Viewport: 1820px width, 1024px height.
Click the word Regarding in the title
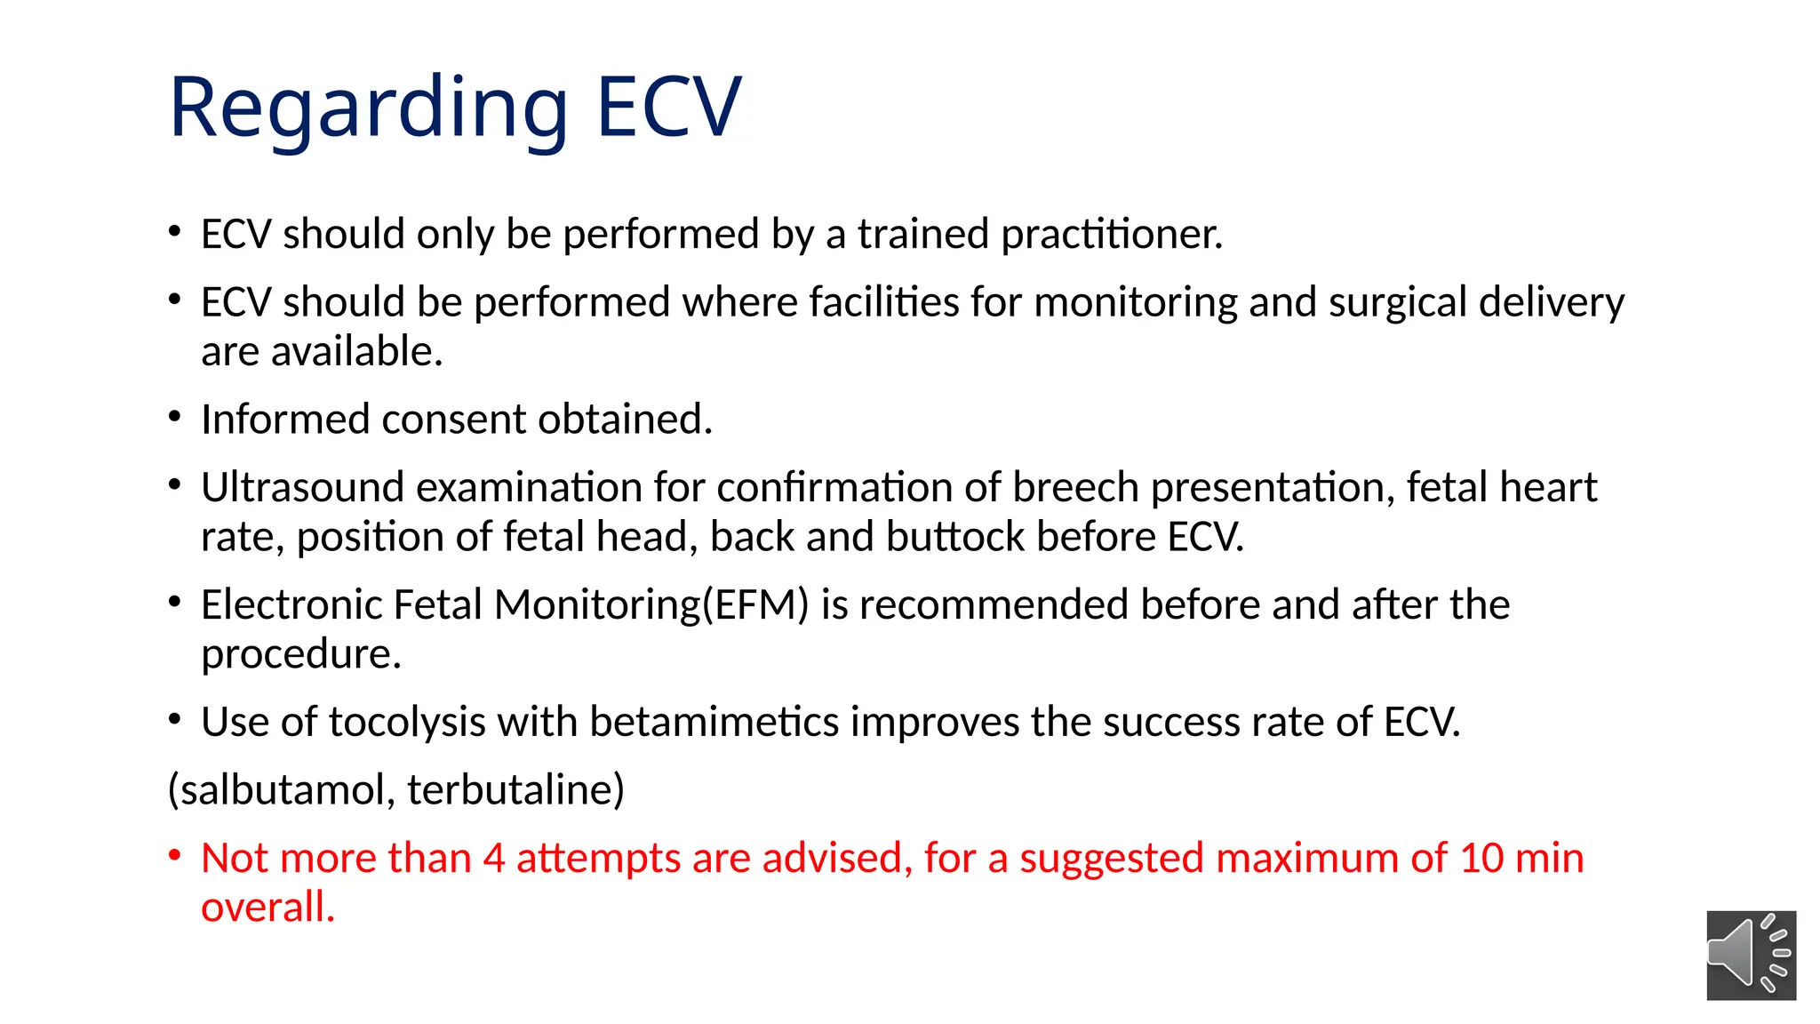368,108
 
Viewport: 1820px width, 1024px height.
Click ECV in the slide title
668,108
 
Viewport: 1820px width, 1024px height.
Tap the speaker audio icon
1751,956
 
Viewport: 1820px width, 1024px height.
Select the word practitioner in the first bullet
1112,235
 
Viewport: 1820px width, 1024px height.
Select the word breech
1075,487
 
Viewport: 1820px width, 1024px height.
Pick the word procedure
300,655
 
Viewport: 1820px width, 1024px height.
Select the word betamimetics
714,722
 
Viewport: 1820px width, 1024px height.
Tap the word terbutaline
515,789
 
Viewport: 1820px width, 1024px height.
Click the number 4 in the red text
494,859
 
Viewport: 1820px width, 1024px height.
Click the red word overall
267,908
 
